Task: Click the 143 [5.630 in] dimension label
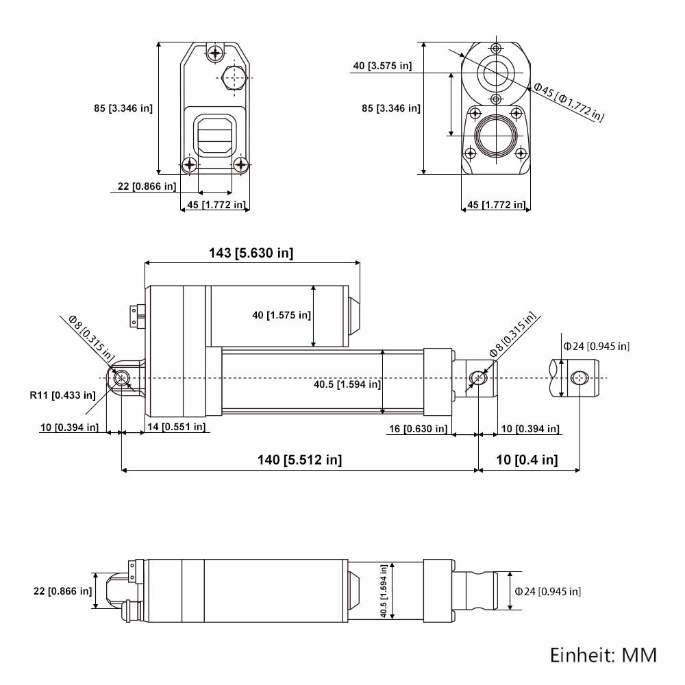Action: point(251,253)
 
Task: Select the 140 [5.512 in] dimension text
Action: point(300,460)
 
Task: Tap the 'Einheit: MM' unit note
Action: point(603,656)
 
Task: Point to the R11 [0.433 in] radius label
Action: point(62,395)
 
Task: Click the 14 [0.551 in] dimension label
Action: point(177,427)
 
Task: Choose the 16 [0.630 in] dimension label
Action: point(419,429)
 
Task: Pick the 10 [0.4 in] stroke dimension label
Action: point(527,460)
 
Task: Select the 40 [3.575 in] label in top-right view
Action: point(382,66)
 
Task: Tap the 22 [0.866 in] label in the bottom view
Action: point(63,592)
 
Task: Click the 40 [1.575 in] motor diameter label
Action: point(282,315)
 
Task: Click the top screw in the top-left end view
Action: point(215,53)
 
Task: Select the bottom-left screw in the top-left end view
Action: point(190,164)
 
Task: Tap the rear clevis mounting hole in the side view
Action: point(121,378)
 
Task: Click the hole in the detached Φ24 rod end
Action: point(580,378)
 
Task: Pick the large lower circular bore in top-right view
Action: point(496,136)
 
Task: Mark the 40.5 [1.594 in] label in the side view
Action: point(347,384)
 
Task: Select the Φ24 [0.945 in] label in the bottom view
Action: point(548,592)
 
